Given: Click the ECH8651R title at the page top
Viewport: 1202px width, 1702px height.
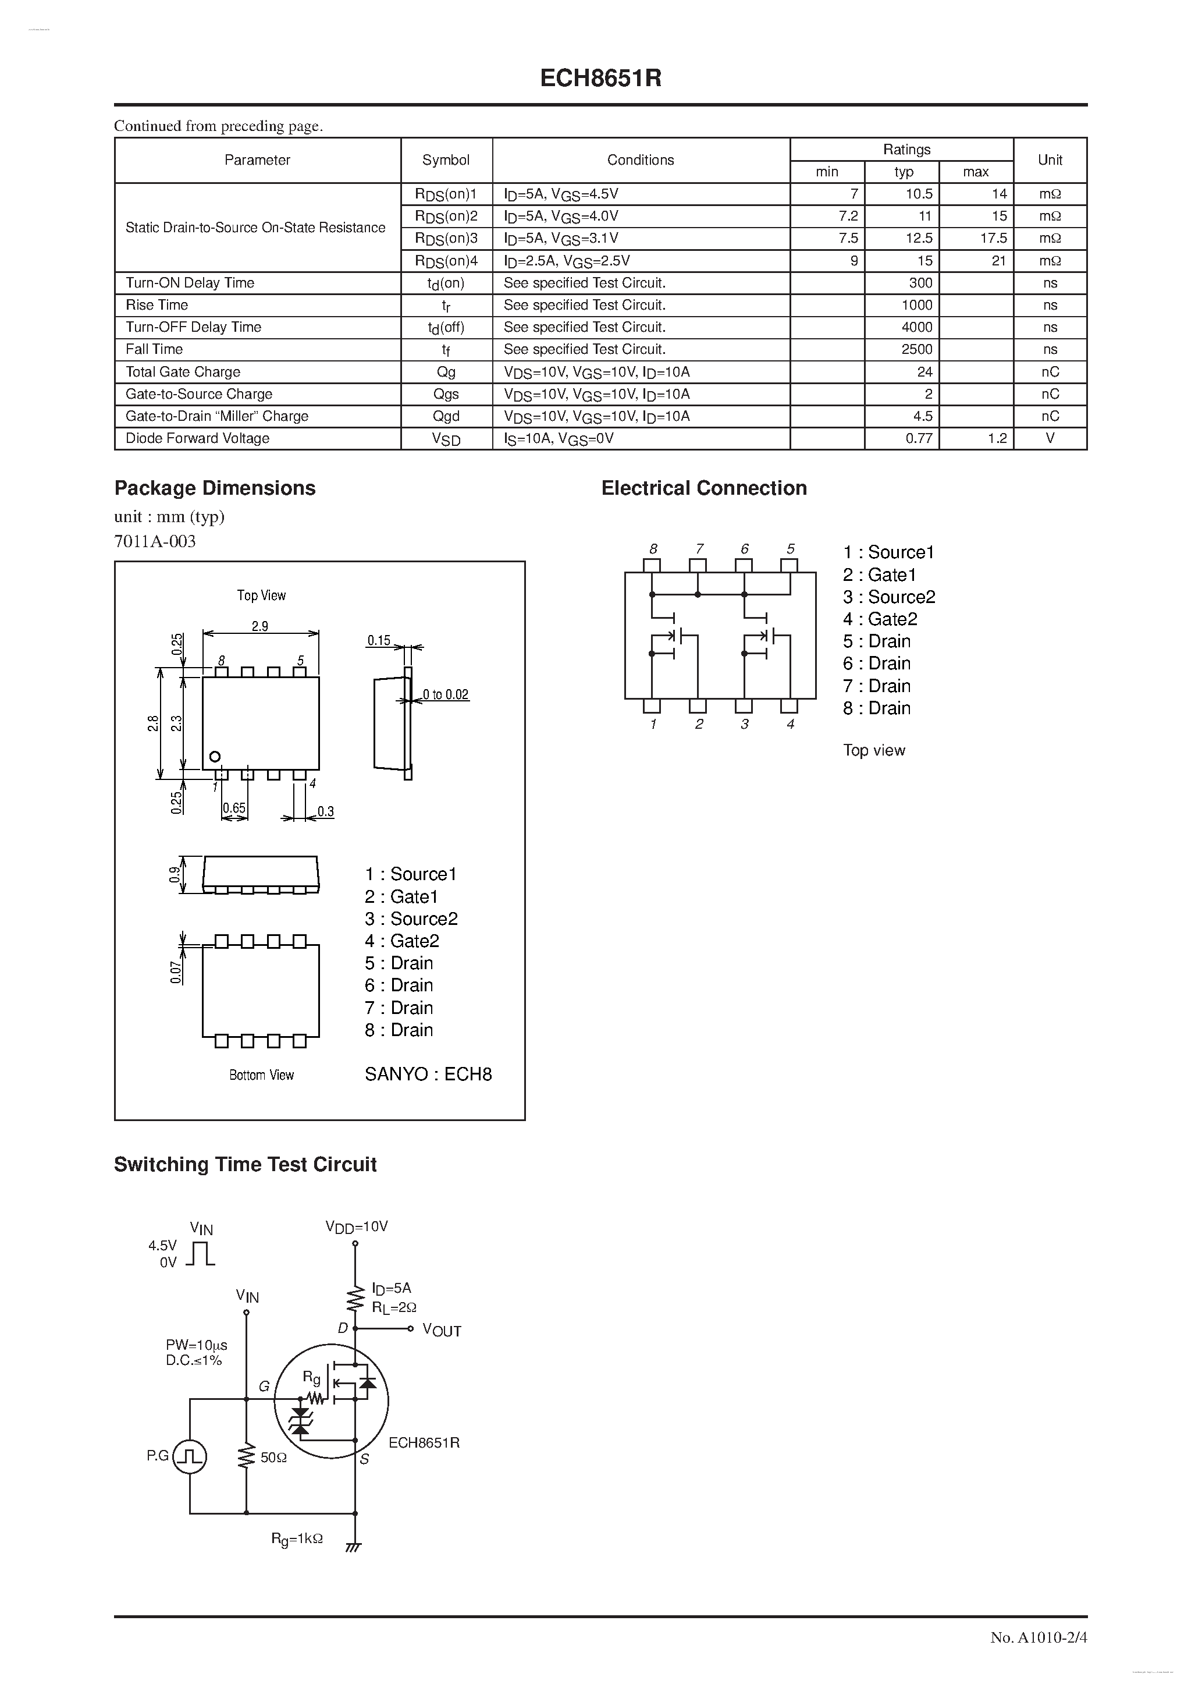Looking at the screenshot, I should pyautogui.click(x=600, y=79).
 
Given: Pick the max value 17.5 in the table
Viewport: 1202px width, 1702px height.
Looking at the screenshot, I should pyautogui.click(x=993, y=239).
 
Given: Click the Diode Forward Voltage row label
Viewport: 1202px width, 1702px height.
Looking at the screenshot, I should pyautogui.click(x=197, y=439).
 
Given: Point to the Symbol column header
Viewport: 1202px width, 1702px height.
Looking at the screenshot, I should pyautogui.click(x=446, y=160).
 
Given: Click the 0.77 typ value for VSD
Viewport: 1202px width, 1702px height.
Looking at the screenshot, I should pyautogui.click(x=918, y=439).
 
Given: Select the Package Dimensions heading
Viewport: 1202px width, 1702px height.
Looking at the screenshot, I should pyautogui.click(x=215, y=488).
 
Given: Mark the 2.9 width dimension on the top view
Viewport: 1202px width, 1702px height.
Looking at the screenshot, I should pyautogui.click(x=259, y=626).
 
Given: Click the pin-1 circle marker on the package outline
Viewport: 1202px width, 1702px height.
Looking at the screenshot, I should pyautogui.click(x=215, y=757).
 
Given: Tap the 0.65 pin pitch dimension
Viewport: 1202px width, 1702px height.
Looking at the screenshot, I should pyautogui.click(x=234, y=808).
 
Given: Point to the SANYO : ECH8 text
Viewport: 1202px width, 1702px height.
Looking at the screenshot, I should pyautogui.click(x=428, y=1074).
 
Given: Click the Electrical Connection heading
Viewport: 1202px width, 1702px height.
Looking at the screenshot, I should pyautogui.click(x=704, y=488).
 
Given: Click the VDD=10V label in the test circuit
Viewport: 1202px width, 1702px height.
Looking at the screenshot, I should pyautogui.click(x=357, y=1227).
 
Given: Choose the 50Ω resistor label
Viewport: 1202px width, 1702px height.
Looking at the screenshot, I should pyautogui.click(x=273, y=1458).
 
